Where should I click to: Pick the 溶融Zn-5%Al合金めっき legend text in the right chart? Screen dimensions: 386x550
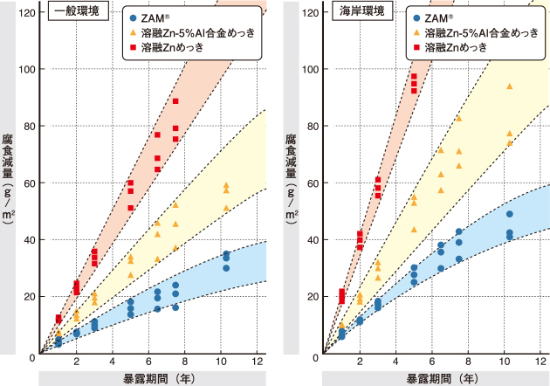477,32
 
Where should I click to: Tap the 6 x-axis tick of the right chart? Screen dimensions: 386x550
433,362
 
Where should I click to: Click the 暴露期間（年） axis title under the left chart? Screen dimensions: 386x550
153,378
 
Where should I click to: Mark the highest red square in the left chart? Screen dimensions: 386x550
175,101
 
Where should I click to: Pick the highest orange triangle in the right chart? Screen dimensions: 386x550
509,86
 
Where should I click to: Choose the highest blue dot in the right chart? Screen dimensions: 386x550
509,214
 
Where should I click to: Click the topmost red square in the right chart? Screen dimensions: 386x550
414,76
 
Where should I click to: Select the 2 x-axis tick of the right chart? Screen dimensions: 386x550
360,362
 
